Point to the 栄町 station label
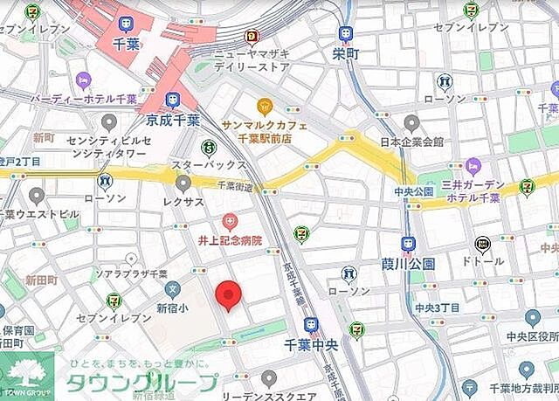point(346,52)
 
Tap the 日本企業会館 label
point(413,142)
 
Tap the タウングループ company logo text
point(141,383)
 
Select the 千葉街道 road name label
point(233,183)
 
